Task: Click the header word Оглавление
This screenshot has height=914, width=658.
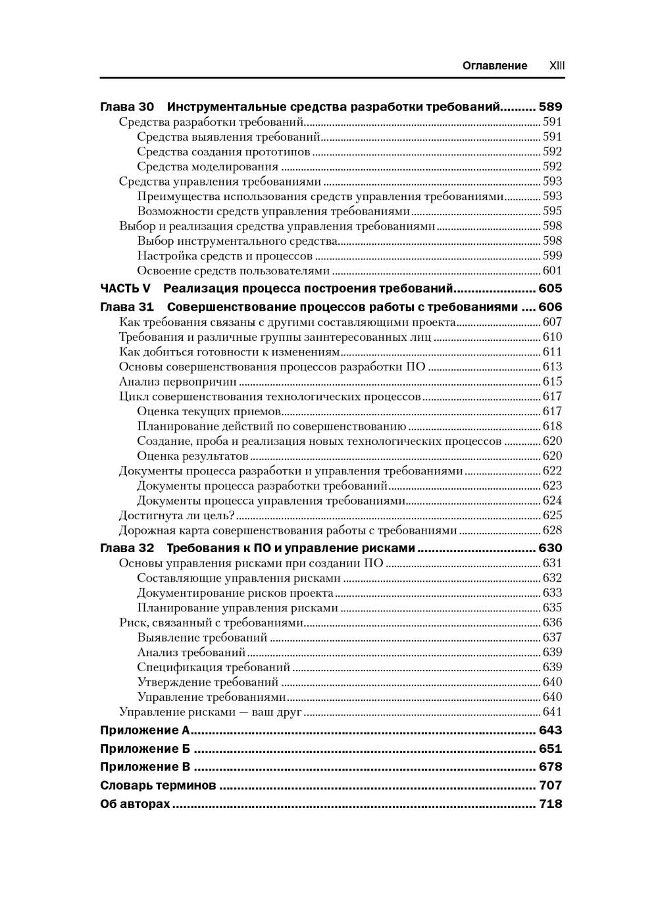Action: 495,66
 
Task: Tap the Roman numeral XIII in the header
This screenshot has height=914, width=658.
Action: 557,66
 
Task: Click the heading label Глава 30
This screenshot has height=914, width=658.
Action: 127,107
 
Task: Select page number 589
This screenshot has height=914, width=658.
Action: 550,107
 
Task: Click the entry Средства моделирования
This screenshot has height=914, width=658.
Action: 207,166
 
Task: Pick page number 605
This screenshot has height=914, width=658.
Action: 550,288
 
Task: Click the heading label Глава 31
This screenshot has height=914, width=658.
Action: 127,307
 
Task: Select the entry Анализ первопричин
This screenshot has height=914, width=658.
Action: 178,382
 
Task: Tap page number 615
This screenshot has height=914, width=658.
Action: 552,382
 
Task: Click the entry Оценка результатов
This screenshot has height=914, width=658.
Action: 192,456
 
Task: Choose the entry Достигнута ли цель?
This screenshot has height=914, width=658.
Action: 177,515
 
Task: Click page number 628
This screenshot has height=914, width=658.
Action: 552,530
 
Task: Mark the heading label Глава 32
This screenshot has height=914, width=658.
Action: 127,549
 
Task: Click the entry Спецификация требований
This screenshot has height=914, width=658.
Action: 213,667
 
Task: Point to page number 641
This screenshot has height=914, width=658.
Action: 552,712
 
